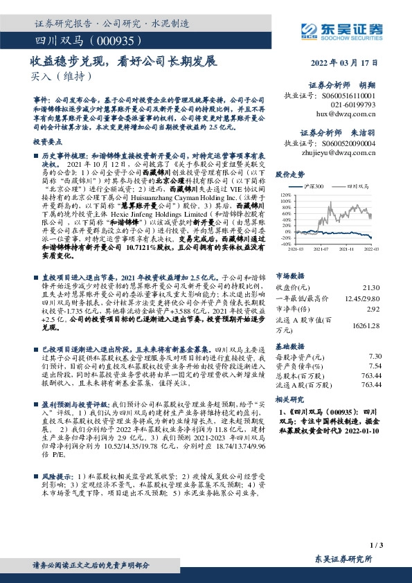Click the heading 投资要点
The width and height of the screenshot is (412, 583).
pyautogui.click(x=48, y=141)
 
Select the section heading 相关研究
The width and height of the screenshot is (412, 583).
pyautogui.click(x=289, y=400)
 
